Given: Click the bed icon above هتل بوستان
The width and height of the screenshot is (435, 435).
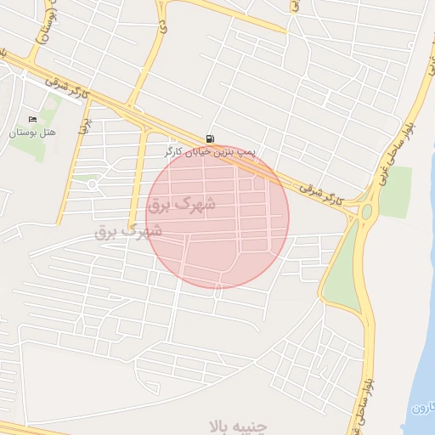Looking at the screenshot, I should pyautogui.click(x=33, y=119).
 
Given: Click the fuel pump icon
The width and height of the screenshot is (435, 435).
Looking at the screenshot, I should pyautogui.click(x=210, y=138).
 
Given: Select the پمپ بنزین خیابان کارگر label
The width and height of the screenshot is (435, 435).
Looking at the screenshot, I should pyautogui.click(x=210, y=152).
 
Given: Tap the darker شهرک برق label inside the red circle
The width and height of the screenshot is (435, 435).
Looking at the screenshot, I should pyautogui.click(x=181, y=205).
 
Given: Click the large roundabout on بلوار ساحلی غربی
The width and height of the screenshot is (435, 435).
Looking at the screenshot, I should pyautogui.click(x=367, y=212).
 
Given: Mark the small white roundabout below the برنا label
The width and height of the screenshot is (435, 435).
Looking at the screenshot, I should pyautogui.click(x=92, y=184).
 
